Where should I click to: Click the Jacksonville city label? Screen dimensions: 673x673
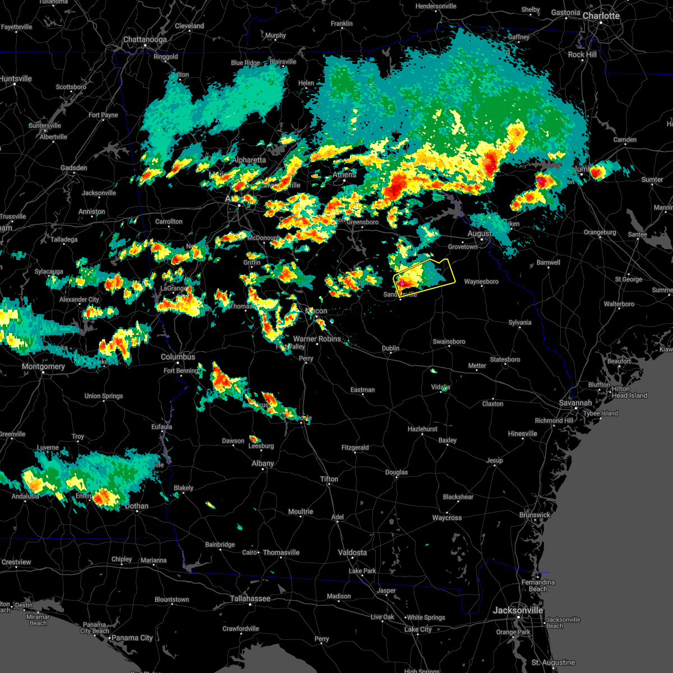pyautogui.click(x=518, y=610)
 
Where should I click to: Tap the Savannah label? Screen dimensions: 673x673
pyautogui.click(x=575, y=403)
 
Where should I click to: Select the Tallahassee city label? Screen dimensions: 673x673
pyautogui.click(x=250, y=598)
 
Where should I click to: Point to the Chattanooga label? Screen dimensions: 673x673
pyautogui.click(x=145, y=40)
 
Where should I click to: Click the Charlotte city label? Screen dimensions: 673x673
pyautogui.click(x=601, y=16)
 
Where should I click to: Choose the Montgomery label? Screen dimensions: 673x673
pyautogui.click(x=43, y=366)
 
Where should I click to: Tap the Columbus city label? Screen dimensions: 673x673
pyautogui.click(x=178, y=357)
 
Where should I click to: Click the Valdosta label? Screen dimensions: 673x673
pyautogui.click(x=352, y=552)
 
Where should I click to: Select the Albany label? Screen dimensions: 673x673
pyautogui.click(x=262, y=463)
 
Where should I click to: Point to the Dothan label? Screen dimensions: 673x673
pyautogui.click(x=136, y=506)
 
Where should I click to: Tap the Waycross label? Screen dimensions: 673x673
pyautogui.click(x=447, y=518)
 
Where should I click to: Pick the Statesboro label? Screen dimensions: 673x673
pyautogui.click(x=505, y=359)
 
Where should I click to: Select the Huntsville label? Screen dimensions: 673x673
pyautogui.click(x=16, y=79)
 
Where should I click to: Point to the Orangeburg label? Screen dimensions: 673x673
pyautogui.click(x=600, y=232)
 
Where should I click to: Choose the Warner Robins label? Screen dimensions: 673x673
pyautogui.click(x=317, y=339)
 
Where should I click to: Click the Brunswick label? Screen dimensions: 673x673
pyautogui.click(x=534, y=515)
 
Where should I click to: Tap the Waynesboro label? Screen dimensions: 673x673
pyautogui.click(x=481, y=282)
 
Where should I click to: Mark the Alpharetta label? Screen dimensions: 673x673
pyautogui.click(x=249, y=160)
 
